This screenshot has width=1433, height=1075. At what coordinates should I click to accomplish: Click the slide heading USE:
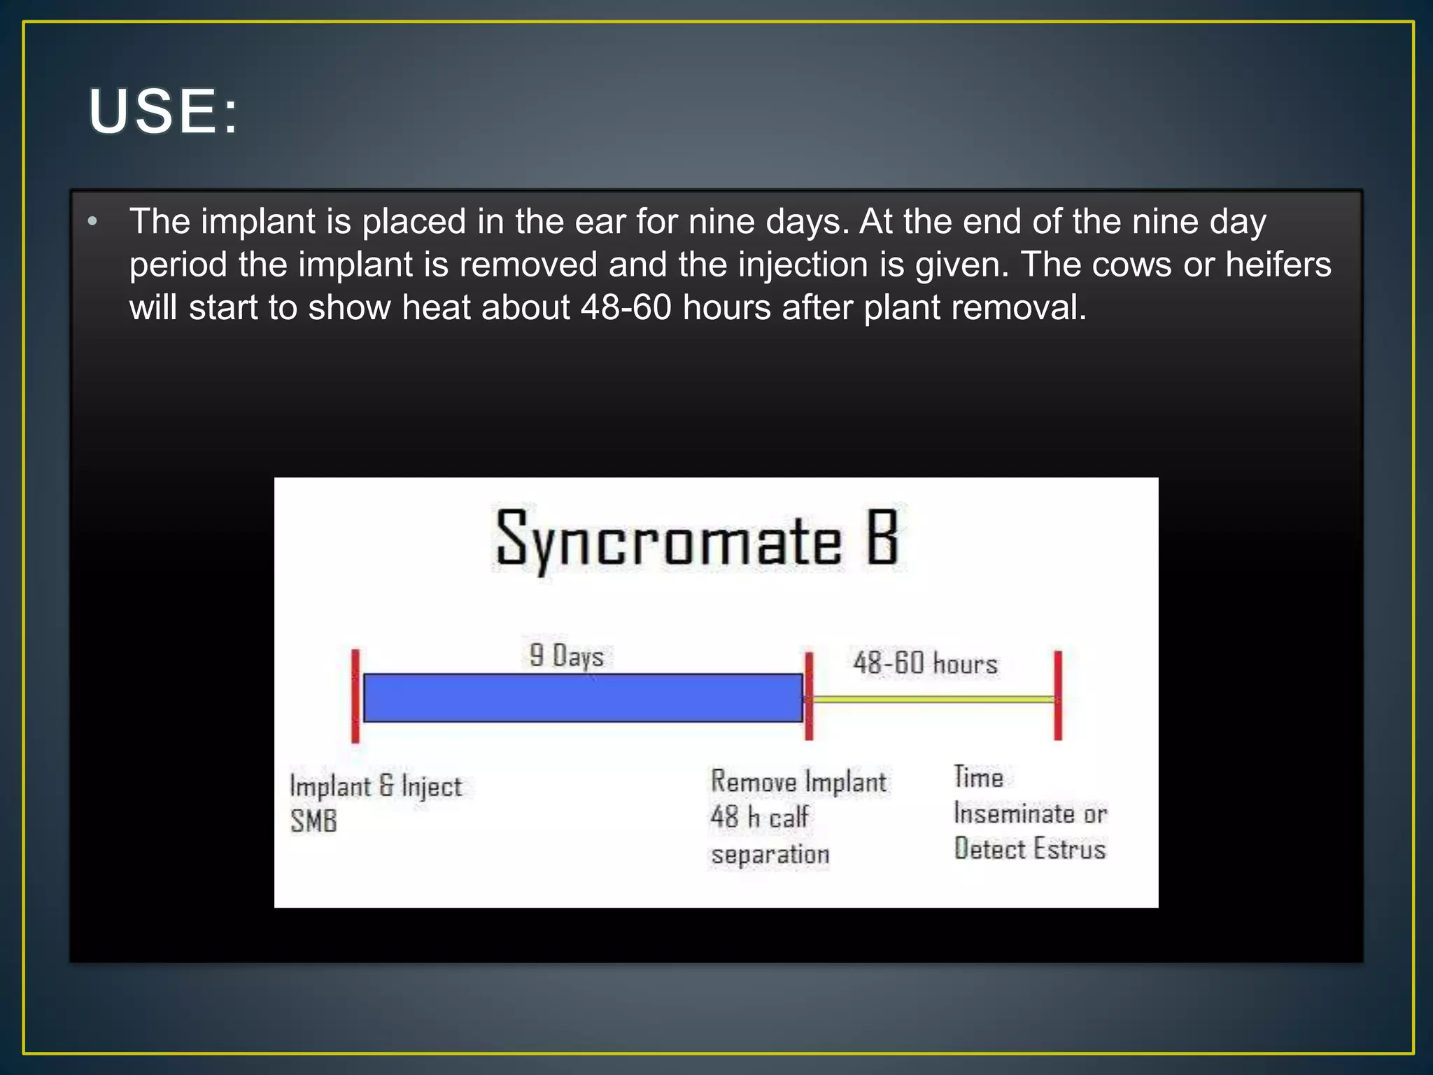[163, 111]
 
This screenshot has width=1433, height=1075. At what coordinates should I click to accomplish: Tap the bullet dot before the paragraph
[93, 222]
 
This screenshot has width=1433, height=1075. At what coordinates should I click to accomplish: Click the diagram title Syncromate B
[696, 540]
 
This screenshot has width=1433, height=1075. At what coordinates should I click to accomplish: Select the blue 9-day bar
[582, 698]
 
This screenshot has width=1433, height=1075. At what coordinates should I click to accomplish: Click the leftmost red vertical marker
[355, 696]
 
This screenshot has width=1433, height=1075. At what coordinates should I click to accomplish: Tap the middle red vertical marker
[809, 696]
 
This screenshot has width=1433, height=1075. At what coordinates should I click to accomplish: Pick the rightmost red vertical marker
[1058, 695]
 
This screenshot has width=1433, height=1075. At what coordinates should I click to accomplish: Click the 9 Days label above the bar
[567, 656]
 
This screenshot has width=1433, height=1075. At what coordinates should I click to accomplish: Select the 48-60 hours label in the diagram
[925, 663]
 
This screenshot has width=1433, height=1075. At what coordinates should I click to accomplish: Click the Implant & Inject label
[376, 787]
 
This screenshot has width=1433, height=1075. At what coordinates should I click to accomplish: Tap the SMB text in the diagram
[313, 821]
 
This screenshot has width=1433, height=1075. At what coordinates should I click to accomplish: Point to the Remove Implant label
[798, 782]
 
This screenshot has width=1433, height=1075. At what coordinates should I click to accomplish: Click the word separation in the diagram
[770, 855]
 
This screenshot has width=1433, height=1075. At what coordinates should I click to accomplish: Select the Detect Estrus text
[1030, 849]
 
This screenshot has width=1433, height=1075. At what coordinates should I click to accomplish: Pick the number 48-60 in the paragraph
[626, 307]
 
